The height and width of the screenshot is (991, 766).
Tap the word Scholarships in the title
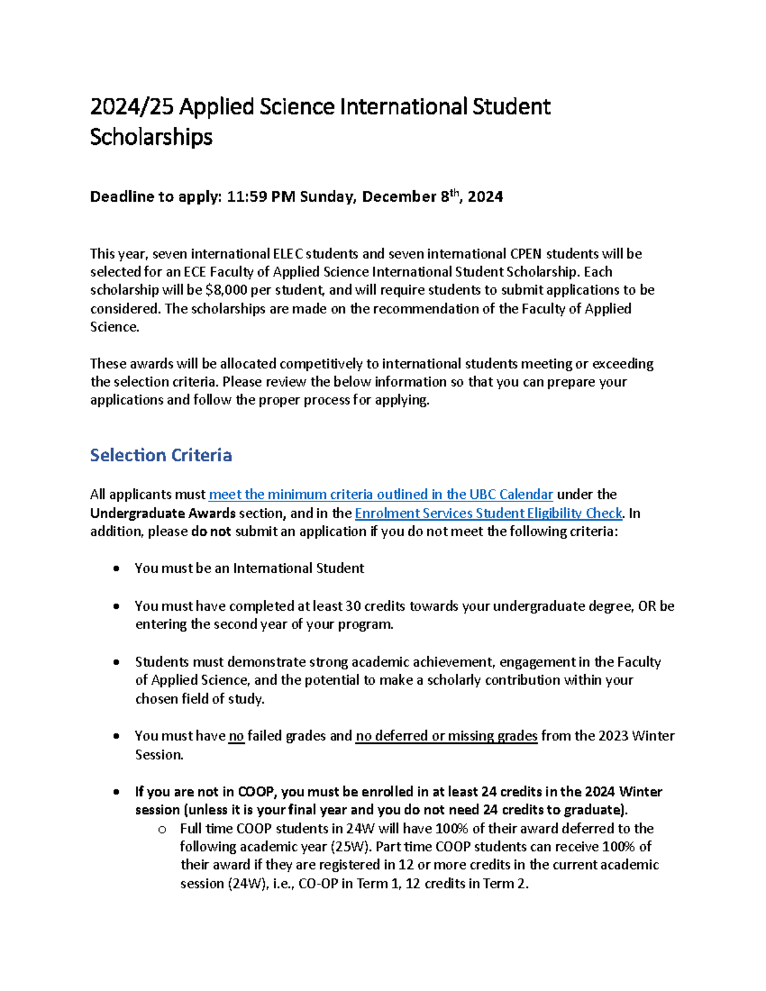tap(151, 137)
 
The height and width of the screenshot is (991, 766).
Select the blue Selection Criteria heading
tap(161, 456)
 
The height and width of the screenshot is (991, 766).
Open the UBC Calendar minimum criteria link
tap(380, 495)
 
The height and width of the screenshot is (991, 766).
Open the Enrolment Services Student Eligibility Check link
tap(488, 513)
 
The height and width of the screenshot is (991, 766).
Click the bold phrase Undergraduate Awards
tap(163, 513)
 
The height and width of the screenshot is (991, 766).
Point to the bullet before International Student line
tap(116, 569)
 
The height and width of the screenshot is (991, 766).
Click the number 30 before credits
tap(353, 606)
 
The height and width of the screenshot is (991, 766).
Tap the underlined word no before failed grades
tap(236, 736)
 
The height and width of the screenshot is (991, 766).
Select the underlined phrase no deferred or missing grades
tap(446, 736)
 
